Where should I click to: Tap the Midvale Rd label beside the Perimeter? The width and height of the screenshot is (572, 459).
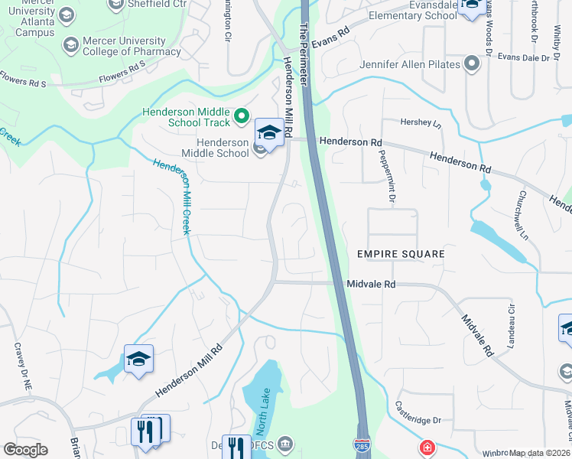(x=371, y=284)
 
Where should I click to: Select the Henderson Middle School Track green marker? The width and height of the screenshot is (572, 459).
(x=242, y=116)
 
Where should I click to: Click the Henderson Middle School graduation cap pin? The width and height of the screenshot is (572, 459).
(x=269, y=132)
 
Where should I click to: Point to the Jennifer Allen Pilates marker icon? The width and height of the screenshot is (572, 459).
(x=472, y=64)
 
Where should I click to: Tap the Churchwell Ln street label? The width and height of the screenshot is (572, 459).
(x=524, y=215)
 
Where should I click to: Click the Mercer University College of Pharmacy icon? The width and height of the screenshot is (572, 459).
(x=71, y=45)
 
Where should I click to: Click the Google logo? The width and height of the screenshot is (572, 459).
(x=25, y=450)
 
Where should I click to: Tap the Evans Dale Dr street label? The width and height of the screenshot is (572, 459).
(x=523, y=57)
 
